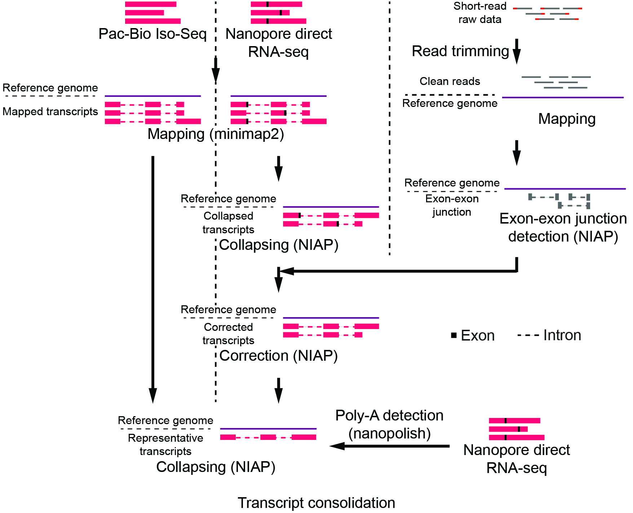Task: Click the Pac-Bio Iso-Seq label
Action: (152, 34)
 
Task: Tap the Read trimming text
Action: (460, 51)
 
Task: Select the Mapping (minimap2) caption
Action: (216, 134)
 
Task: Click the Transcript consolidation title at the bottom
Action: (316, 503)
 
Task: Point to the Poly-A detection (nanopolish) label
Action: (389, 424)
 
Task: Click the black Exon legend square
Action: (454, 335)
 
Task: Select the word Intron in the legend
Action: (562, 335)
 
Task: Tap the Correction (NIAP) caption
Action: (278, 356)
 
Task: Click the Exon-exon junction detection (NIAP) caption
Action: (563, 228)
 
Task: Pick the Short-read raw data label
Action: (480, 13)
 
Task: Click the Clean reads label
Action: (450, 81)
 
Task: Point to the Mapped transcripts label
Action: (50, 112)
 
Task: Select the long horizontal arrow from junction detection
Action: (397, 271)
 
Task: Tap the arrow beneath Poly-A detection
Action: (389, 446)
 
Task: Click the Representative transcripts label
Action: (165, 445)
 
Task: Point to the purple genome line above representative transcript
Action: (268, 429)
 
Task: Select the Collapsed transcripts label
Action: (228, 222)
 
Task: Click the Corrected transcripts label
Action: (228, 334)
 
